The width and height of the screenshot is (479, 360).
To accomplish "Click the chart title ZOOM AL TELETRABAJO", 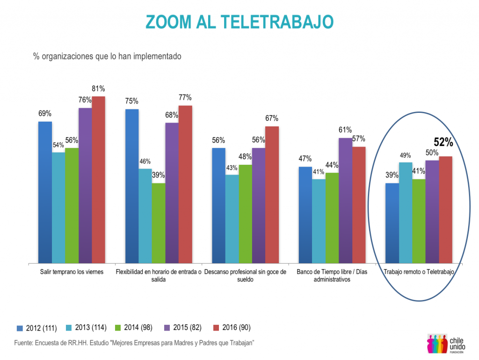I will pos(239,22).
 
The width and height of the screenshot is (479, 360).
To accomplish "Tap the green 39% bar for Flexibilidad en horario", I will pos(159,223).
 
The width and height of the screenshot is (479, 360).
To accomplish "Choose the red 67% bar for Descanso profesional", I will pos(272,194).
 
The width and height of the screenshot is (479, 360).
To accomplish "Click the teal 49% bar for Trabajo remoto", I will pos(406,213).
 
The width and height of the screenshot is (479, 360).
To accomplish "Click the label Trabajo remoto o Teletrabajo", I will pos(419,272).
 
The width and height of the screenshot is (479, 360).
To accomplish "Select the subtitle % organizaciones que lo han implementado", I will pos(107,56).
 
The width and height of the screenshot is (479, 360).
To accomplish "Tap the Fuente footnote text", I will pos(134,343).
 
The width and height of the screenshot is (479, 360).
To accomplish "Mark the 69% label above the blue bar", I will pos(45,113).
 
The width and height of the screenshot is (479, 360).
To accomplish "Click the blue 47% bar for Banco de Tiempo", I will pos(305,215).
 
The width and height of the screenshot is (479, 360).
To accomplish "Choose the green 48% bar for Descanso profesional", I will pos(245,214).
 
